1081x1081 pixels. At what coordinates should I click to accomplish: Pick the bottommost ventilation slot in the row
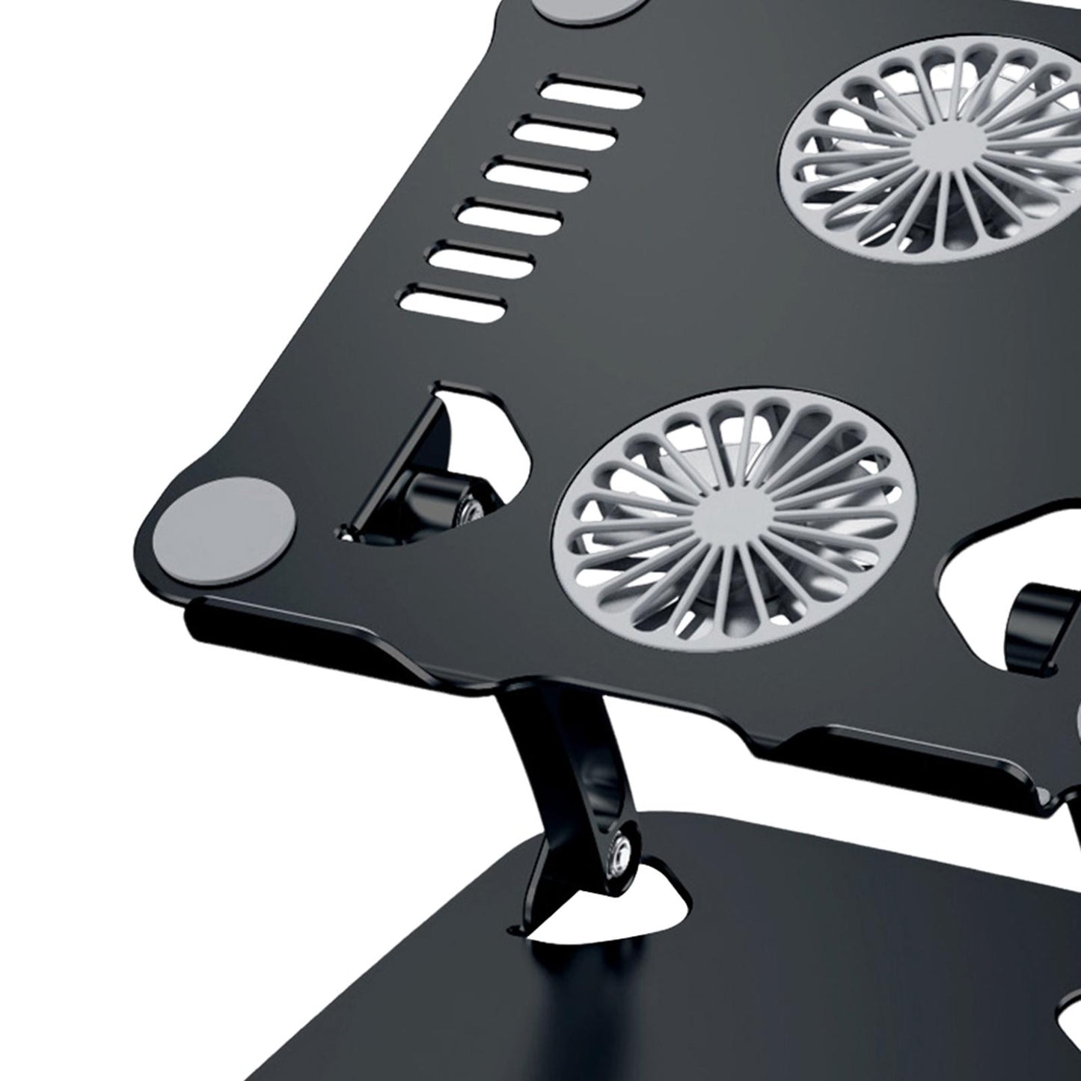point(454,301)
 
